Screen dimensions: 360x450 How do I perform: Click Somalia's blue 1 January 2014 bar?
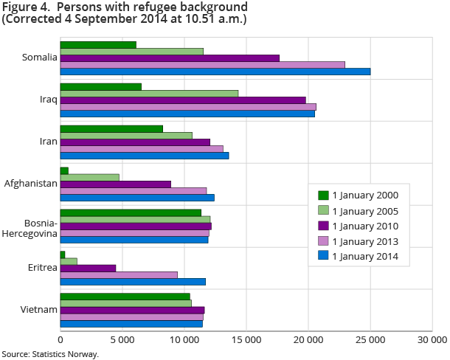(x=215, y=72)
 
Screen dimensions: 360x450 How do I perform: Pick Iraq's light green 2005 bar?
(x=149, y=93)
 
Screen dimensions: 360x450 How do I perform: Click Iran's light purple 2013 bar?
(x=142, y=149)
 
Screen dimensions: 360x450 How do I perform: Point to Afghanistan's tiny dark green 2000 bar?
(x=64, y=170)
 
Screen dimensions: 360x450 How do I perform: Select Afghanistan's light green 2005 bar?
(x=89, y=177)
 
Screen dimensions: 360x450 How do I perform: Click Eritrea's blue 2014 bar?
(x=133, y=282)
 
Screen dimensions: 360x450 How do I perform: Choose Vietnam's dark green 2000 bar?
(x=125, y=297)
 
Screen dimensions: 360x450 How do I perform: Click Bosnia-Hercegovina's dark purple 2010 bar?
(x=136, y=226)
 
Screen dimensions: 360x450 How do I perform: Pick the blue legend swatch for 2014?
(x=323, y=257)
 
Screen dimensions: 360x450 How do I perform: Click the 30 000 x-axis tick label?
(x=432, y=340)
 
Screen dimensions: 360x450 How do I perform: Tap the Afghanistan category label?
(x=31, y=184)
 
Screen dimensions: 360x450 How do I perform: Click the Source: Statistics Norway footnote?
(x=50, y=354)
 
